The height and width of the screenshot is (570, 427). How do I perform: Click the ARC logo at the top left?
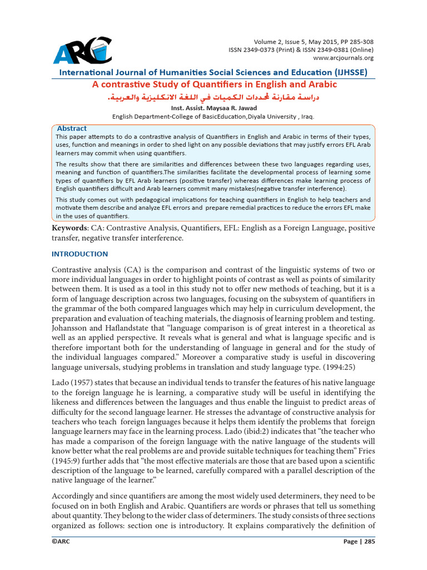82,50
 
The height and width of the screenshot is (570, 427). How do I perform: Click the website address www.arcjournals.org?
344,57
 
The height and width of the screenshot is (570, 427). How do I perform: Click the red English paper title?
214,85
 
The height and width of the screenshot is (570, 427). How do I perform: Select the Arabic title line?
214,97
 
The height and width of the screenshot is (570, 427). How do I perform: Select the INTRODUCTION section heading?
80,254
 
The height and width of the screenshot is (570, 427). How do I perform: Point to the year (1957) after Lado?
81,384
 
